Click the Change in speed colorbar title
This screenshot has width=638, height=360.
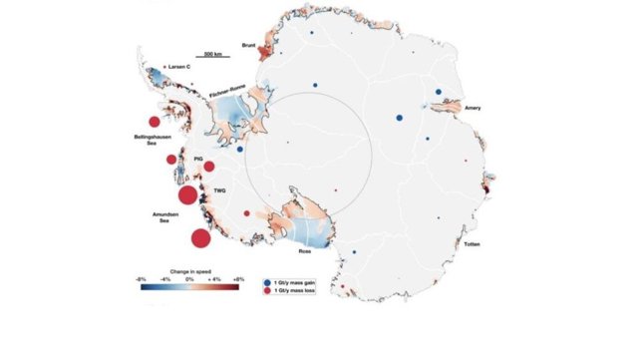tap(189, 270)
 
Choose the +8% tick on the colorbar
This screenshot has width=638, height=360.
tap(238, 279)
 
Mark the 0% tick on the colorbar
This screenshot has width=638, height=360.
tap(189, 279)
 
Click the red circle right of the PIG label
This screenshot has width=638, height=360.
tap(209, 166)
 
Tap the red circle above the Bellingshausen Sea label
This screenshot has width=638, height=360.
tap(154, 121)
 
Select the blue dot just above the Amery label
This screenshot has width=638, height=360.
tap(439, 91)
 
